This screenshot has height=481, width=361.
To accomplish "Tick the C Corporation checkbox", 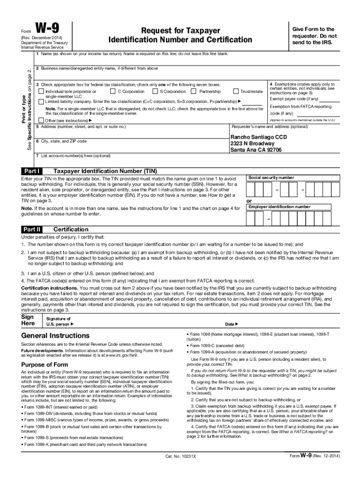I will click(x=113, y=91).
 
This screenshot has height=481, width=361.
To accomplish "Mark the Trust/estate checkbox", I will click(x=236, y=91).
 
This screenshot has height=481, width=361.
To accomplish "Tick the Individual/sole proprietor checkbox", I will click(x=41, y=91).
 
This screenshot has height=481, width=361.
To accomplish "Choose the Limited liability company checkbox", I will click(x=41, y=101).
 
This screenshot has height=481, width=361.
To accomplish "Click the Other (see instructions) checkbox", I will click(x=41, y=120).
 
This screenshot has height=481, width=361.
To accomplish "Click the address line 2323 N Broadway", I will click(x=252, y=143).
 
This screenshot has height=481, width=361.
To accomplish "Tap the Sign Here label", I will click(x=29, y=320).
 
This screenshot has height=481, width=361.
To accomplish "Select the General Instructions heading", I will click(x=55, y=336).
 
